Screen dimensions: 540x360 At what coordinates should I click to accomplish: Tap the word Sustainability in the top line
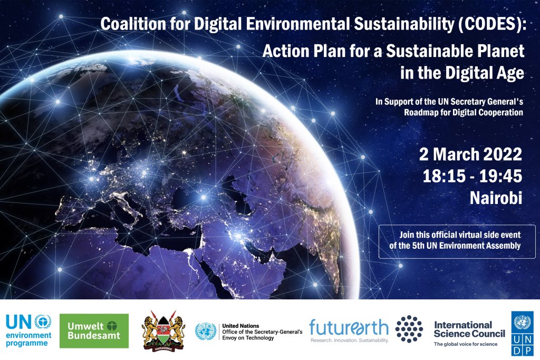click(x=404, y=24)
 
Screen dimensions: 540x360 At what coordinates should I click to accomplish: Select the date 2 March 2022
click(x=470, y=154)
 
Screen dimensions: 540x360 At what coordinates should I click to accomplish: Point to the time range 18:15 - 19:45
click(x=472, y=176)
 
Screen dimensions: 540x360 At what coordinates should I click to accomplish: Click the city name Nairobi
click(x=496, y=198)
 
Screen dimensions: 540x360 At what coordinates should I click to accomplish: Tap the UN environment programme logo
click(x=28, y=330)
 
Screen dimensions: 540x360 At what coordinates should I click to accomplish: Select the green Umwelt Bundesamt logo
click(x=94, y=330)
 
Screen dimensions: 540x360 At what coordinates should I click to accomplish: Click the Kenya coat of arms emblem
click(x=163, y=331)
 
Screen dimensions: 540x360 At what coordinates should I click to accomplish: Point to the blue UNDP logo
click(x=522, y=334)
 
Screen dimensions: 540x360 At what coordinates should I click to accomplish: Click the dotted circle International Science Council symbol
click(x=409, y=329)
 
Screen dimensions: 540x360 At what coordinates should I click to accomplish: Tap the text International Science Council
click(x=469, y=329)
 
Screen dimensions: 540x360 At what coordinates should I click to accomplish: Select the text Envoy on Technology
click(x=248, y=338)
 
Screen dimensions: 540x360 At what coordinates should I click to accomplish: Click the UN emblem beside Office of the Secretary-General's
click(x=206, y=332)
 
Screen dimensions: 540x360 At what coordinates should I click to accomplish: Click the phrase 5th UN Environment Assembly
click(x=466, y=246)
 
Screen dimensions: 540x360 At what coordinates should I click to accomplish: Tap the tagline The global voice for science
click(x=466, y=344)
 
